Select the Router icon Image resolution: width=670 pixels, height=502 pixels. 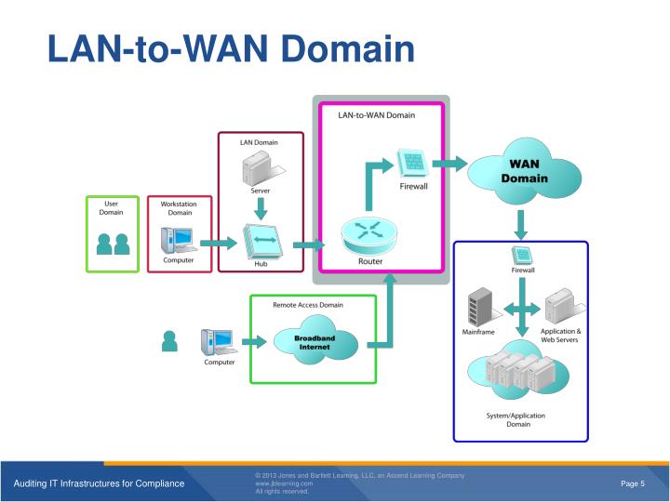[370, 236]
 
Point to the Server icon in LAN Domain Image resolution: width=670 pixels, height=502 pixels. [260, 168]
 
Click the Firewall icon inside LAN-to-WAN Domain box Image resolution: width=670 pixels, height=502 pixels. [413, 165]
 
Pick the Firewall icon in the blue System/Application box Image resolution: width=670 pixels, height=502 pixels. [522, 255]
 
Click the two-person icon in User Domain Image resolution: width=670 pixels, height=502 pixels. [113, 244]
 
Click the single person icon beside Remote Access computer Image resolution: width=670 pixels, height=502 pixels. [168, 342]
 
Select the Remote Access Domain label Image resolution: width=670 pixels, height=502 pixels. [307, 305]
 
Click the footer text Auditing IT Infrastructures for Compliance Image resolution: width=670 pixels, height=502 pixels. [98, 483]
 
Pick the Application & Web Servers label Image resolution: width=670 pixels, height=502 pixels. [560, 336]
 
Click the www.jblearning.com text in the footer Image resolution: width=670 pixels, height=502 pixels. [285, 483]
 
